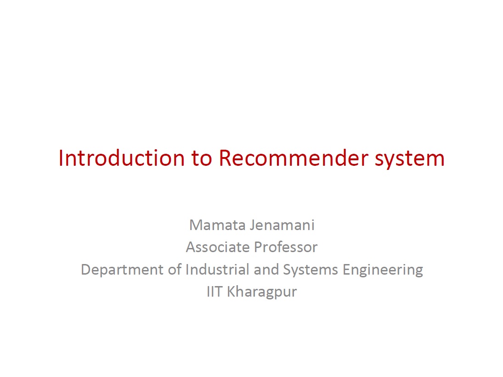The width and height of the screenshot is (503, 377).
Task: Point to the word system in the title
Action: click(x=410, y=160)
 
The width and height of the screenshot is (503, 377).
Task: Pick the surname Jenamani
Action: click(x=283, y=225)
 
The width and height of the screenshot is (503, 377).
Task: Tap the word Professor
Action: click(x=286, y=247)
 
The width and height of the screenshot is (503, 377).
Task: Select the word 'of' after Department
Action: click(x=175, y=269)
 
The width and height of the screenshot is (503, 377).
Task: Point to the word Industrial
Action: click(x=217, y=269)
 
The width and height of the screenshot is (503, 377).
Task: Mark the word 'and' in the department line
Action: click(x=266, y=269)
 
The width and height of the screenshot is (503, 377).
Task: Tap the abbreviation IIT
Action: click(x=215, y=292)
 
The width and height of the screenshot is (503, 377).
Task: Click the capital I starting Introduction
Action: click(x=61, y=158)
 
